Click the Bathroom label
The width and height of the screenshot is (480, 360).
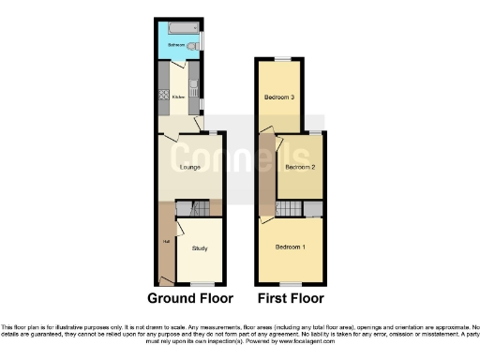[175, 45]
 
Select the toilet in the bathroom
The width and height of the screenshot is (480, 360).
[191, 45]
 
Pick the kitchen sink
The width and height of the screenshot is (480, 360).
[193, 83]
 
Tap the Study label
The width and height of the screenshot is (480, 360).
[200, 248]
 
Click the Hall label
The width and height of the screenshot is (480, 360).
[166, 242]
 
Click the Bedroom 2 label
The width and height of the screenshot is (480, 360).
[299, 168]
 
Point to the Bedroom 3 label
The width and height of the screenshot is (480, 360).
[278, 97]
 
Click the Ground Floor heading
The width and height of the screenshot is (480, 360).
[189, 299]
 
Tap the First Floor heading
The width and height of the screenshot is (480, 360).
[291, 299]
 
